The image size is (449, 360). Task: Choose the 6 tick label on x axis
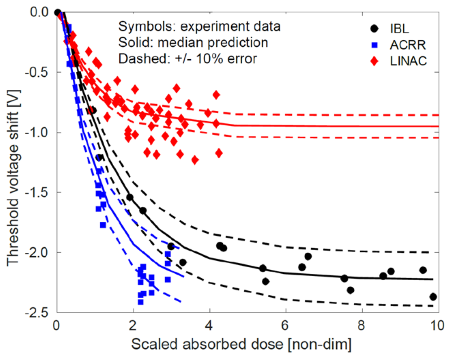pyautogui.click(x=286, y=325)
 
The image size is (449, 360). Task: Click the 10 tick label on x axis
pyautogui.click(x=437, y=325)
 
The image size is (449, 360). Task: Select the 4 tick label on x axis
pyautogui.click(x=210, y=325)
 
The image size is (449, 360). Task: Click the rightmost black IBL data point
pyautogui.click(x=433, y=297)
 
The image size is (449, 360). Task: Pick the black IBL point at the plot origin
pyautogui.click(x=57, y=12)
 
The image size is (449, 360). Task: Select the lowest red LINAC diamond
pyautogui.click(x=195, y=160)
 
